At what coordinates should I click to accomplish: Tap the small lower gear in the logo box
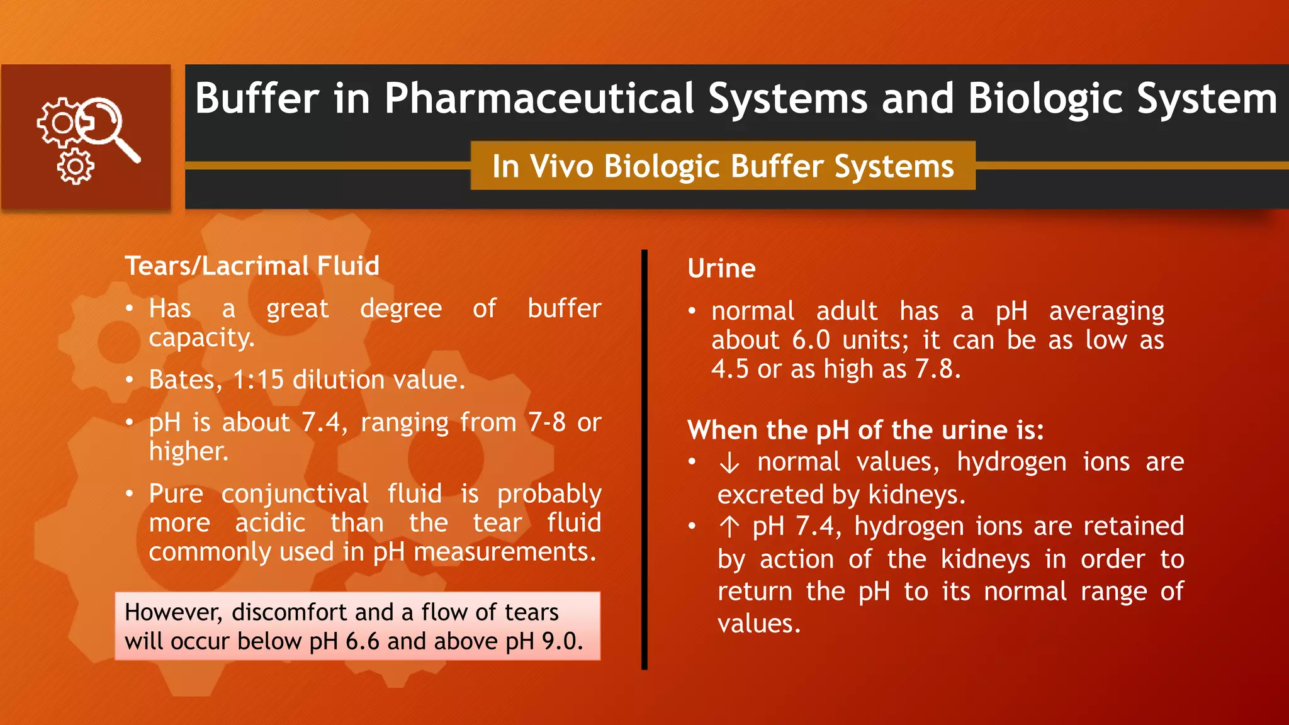coord(76,167)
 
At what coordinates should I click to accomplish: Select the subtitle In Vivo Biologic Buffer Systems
coord(723,167)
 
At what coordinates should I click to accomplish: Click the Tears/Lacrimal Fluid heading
coord(252,266)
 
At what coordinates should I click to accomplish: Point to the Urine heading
coord(721,269)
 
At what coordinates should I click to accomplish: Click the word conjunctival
coord(295,494)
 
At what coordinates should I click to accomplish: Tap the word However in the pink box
coord(173,612)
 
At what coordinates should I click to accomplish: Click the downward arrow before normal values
coord(729,463)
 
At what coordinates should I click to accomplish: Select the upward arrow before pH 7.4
coord(729,527)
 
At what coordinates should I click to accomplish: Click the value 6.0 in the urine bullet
coord(811,340)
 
